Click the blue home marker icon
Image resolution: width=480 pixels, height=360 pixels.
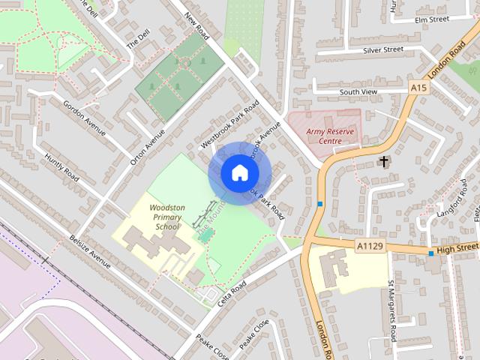coord(238,172)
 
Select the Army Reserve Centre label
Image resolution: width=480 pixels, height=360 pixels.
coord(329,136)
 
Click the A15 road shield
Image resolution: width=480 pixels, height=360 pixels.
coord(418,88)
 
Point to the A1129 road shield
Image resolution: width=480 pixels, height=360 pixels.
coord(367,244)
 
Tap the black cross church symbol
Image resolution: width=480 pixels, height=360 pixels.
coord(384,161)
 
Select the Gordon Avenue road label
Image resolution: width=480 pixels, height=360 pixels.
coord(85,117)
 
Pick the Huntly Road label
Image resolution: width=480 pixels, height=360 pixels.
coord(61,163)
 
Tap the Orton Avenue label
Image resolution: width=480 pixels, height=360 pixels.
coord(147,147)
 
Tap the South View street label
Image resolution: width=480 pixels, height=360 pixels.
coord(358,91)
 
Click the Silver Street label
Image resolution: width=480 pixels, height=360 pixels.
coord(382,49)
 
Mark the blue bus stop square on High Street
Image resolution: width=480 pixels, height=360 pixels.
coord(430,253)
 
